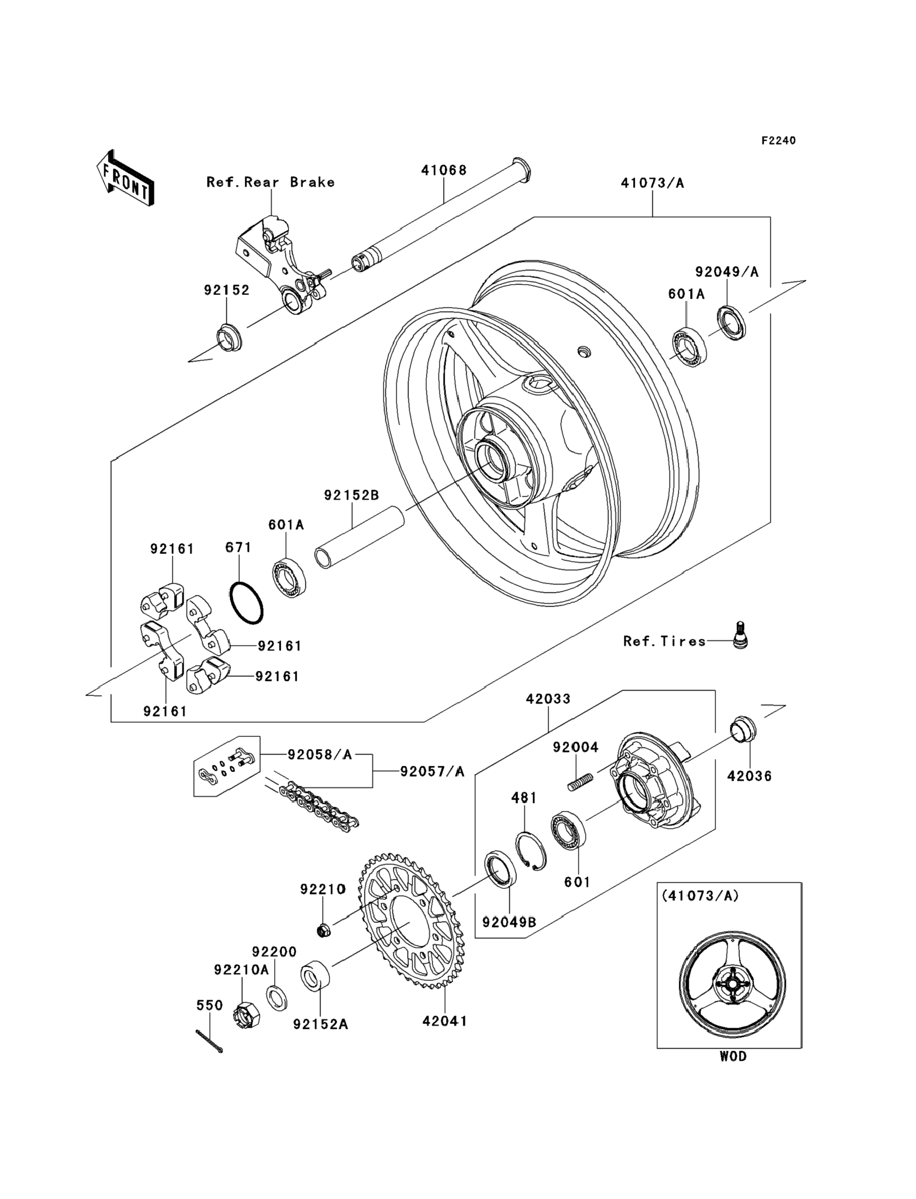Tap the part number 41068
coord(443,171)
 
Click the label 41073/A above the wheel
coord(652,183)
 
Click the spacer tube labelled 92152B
coord(360,538)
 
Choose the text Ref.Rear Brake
coord(270,182)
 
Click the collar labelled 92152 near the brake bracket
coord(229,338)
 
